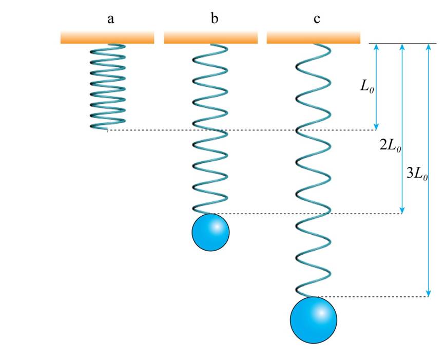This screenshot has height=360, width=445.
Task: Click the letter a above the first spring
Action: (110, 20)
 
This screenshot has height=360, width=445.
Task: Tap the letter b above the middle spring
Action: (214, 19)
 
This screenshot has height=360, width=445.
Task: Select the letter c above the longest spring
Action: (317, 20)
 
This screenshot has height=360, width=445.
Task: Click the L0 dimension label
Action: (366, 87)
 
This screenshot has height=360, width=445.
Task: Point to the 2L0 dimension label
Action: (390, 145)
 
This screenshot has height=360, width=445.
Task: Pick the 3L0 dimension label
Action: (417, 173)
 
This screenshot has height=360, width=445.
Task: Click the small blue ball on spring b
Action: (210, 233)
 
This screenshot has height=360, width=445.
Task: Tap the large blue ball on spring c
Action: (314, 319)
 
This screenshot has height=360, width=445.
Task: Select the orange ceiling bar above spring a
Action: (107, 37)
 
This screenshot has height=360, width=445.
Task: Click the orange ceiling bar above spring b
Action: (210, 37)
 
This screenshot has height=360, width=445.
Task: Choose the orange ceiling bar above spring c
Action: (313, 37)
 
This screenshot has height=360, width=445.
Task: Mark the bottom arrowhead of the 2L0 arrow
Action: (402, 210)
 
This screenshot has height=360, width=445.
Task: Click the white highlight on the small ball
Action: (217, 226)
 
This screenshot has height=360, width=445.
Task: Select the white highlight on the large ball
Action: (320, 312)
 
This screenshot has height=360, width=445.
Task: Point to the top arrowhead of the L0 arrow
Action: (376, 48)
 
